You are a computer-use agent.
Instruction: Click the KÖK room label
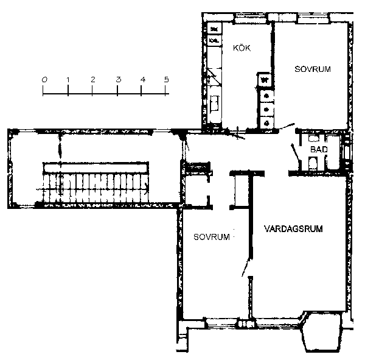(242, 48)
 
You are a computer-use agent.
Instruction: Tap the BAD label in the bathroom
(319, 149)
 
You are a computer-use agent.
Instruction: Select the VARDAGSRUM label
(294, 228)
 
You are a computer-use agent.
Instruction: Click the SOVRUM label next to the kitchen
(313, 69)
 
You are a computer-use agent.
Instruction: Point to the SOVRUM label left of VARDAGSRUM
(212, 237)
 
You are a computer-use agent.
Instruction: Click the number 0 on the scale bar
(44, 80)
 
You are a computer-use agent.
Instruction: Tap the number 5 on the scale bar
(166, 80)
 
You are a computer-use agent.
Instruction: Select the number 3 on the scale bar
(119, 80)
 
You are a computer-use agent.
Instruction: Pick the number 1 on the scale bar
(68, 80)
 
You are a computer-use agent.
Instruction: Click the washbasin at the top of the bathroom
(313, 138)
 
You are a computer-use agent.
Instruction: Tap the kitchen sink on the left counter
(215, 103)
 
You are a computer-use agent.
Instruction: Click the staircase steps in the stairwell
(96, 188)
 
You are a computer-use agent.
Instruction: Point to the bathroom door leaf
(296, 152)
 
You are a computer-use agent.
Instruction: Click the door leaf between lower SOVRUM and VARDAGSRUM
(246, 267)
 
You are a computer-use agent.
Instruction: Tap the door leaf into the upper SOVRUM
(287, 126)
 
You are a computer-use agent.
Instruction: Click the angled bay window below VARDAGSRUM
(321, 332)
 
